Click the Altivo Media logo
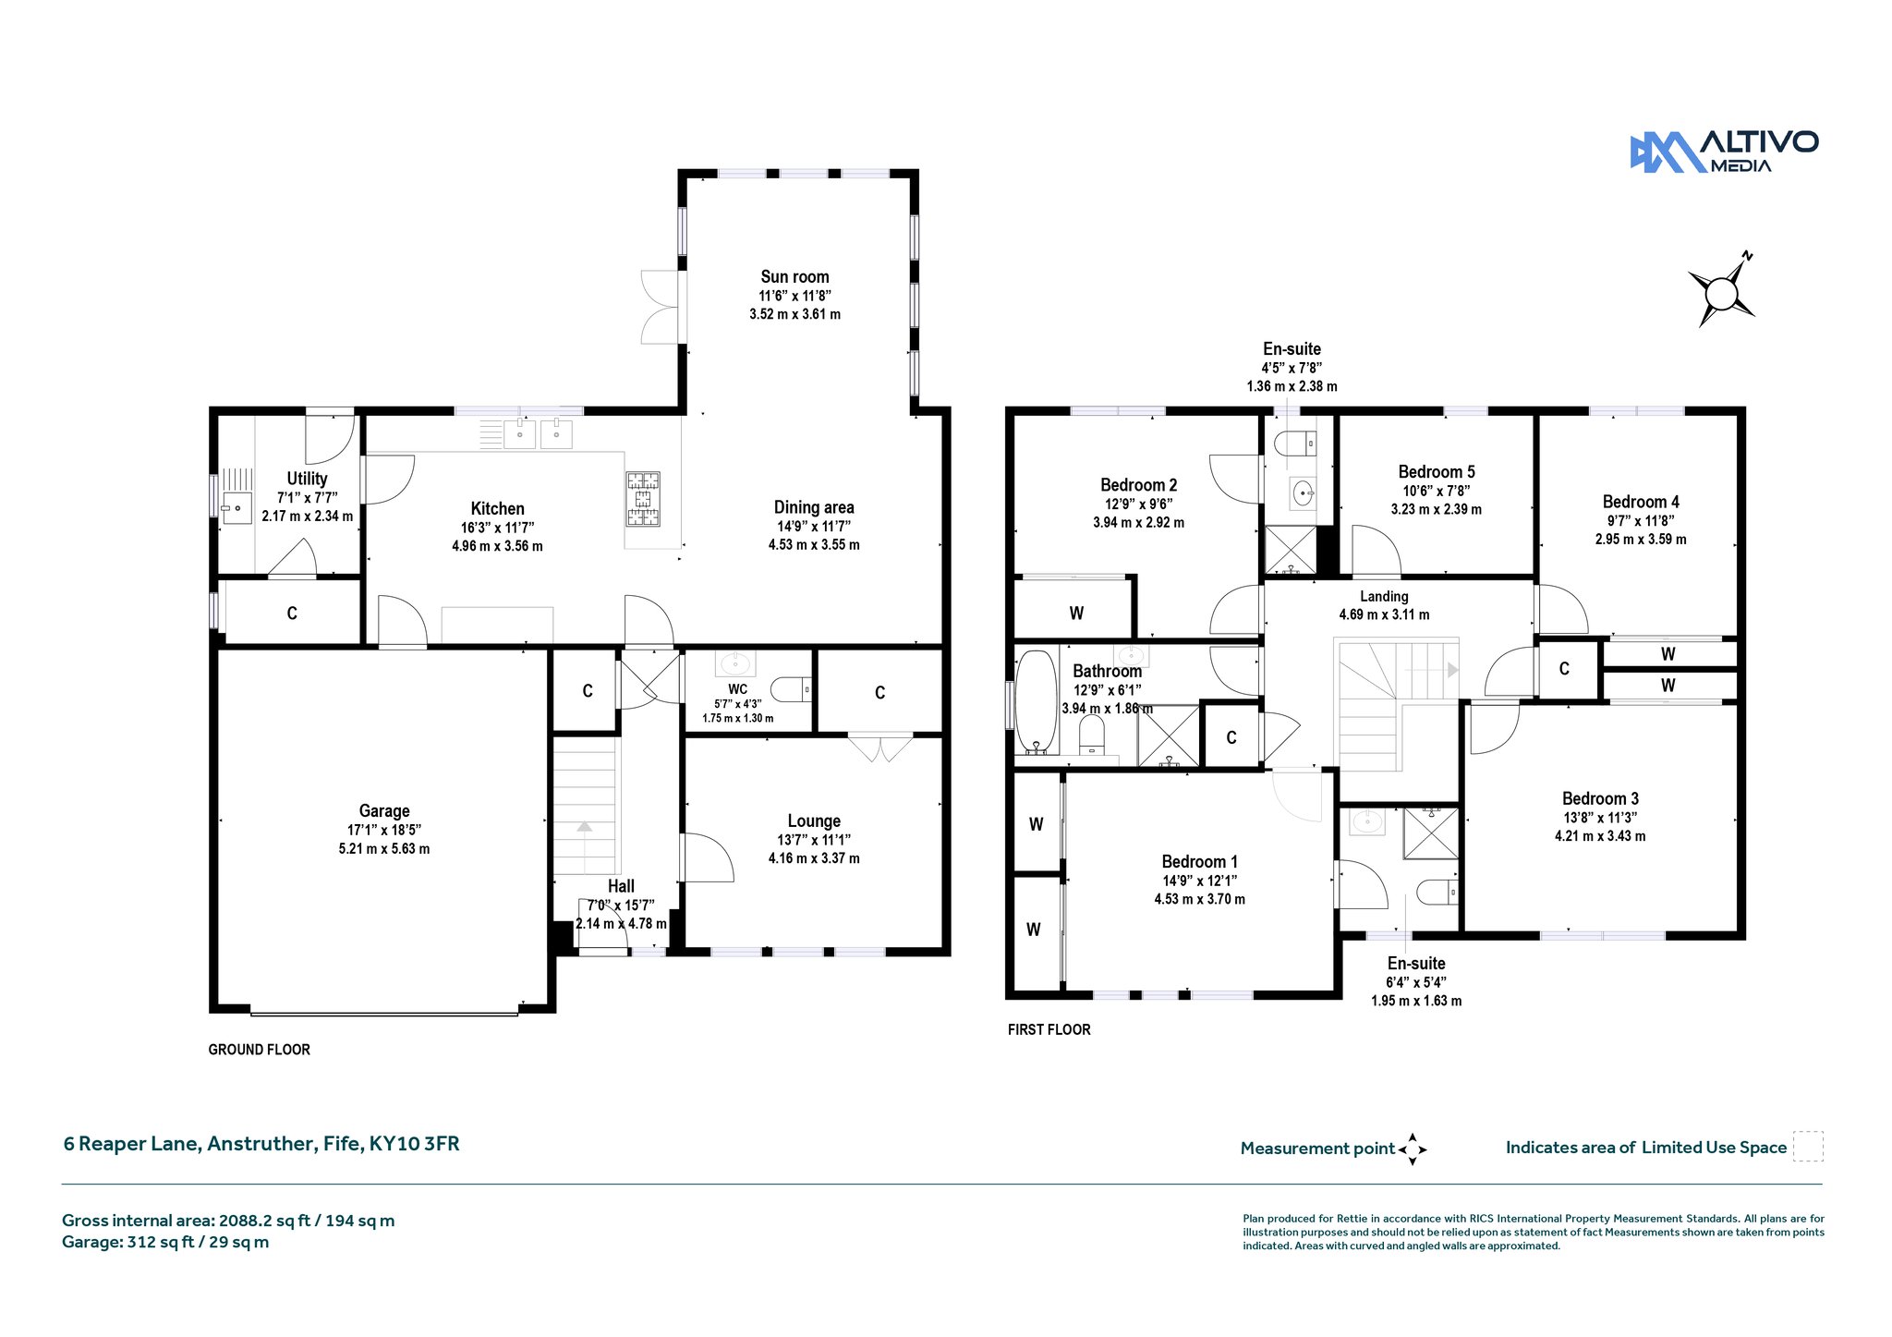coord(1724,152)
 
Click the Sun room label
coord(794,276)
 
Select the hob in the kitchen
coord(644,499)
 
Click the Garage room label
coord(384,810)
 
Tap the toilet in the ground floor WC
coord(791,689)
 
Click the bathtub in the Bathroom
coord(1037,702)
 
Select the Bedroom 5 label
coord(1437,472)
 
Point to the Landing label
coord(1384,597)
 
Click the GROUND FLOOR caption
coord(260,1050)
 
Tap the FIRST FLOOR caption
coord(1049,1029)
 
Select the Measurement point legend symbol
coord(1413,1149)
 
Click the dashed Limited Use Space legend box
coord(1808,1146)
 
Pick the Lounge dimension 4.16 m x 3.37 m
coord(814,858)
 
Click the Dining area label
coord(814,507)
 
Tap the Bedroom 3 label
coord(1600,799)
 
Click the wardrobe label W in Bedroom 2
coord(1076,613)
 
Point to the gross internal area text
coord(228,1221)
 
